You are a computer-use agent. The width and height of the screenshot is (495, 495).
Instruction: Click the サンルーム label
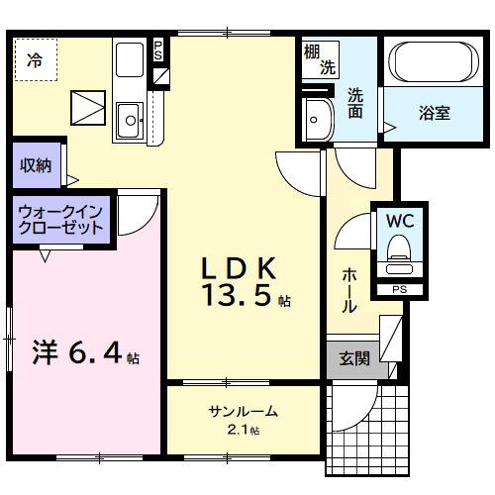(x=243, y=412)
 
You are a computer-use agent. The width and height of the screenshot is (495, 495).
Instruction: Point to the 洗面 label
(x=355, y=103)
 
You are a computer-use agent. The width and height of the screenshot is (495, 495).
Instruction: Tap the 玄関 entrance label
(x=353, y=358)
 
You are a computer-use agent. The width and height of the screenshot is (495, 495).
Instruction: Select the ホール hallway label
(x=349, y=290)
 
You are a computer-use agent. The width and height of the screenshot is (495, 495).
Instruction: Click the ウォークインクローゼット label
(x=60, y=218)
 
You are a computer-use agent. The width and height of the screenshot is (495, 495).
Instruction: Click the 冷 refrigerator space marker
(x=35, y=58)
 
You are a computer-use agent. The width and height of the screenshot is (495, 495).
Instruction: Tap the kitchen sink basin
(x=129, y=124)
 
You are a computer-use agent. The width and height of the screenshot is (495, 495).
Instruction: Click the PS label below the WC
(x=398, y=290)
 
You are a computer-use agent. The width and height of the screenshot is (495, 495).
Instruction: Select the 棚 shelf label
(x=313, y=50)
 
